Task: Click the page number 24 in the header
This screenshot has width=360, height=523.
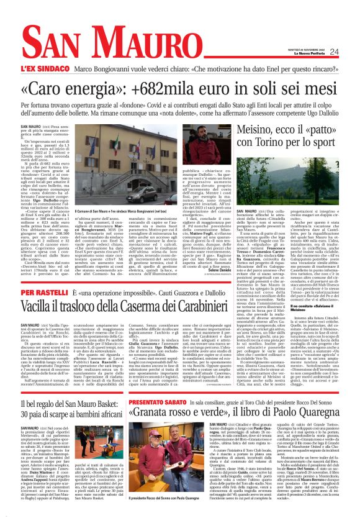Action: point(334,52)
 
